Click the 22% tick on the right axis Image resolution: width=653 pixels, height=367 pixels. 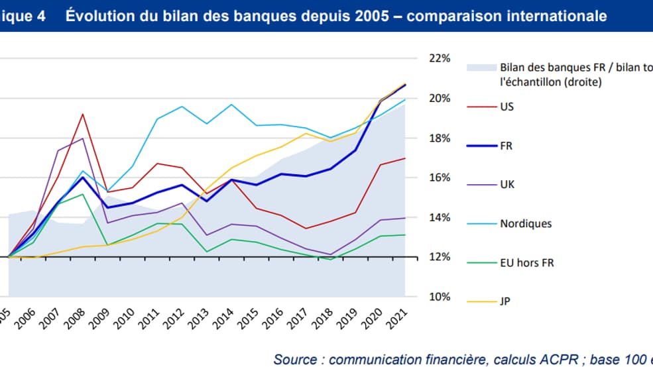click(x=440, y=58)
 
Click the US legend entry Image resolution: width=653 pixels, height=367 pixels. click(x=506, y=106)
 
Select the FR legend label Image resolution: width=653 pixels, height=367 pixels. click(x=506, y=146)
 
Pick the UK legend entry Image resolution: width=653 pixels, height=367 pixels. click(x=506, y=185)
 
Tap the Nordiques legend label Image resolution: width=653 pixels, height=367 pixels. click(x=525, y=223)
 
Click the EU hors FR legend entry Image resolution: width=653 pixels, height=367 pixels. click(x=526, y=262)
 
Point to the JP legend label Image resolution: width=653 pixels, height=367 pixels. click(x=505, y=301)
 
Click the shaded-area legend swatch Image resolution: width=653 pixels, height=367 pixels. click(x=481, y=68)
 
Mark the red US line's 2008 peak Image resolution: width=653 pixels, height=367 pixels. click(x=82, y=114)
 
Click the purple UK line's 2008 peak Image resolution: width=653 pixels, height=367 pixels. click(x=82, y=138)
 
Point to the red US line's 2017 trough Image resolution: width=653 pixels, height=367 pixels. click(x=306, y=229)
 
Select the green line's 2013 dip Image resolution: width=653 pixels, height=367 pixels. click(x=206, y=252)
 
